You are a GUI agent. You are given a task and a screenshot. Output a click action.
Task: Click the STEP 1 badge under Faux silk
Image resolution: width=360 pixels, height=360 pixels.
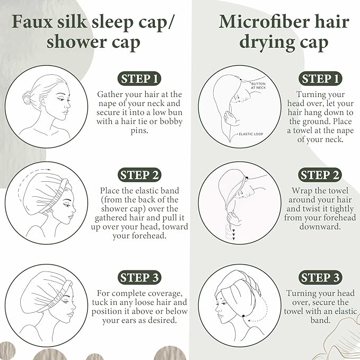(x=139, y=78)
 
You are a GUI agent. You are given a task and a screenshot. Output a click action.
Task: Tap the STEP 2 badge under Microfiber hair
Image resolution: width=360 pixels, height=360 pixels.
(x=320, y=175)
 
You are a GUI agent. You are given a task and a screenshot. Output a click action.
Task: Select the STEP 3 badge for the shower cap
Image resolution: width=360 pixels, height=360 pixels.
(x=139, y=277)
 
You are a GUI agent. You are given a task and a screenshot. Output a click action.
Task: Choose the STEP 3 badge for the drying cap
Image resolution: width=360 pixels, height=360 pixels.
(x=320, y=277)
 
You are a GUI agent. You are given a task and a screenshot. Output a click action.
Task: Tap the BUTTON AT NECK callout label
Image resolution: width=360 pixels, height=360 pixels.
(x=258, y=86)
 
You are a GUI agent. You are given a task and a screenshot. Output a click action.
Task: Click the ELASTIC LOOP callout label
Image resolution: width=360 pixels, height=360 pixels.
(x=251, y=134)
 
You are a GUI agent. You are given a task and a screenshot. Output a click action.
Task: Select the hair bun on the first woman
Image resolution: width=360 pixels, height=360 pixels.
(x=27, y=98)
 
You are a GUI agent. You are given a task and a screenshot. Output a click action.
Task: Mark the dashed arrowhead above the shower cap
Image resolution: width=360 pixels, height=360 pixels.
(x=49, y=170)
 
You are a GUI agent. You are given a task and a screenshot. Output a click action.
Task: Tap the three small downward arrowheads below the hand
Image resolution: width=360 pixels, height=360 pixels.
(x=233, y=234)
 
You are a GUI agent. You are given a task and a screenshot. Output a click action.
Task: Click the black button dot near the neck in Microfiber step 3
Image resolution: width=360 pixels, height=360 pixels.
(x=243, y=316)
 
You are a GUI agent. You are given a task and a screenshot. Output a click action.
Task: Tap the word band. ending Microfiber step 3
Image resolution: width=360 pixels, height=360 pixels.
(x=320, y=320)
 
